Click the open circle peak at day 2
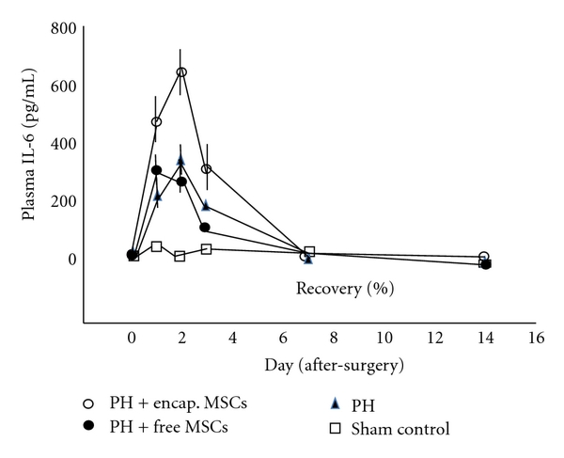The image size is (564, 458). tap(181, 72)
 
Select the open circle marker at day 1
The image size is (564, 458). tap(156, 122)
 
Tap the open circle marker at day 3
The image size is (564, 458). tap(206, 169)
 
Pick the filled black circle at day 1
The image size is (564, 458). tap(156, 170)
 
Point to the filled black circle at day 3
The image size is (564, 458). tap(204, 227)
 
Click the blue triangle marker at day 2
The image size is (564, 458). tap(180, 160)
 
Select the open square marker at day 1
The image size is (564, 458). tap(156, 246)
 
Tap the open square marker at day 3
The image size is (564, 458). tap(206, 248)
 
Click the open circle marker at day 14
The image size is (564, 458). tap(483, 257)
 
